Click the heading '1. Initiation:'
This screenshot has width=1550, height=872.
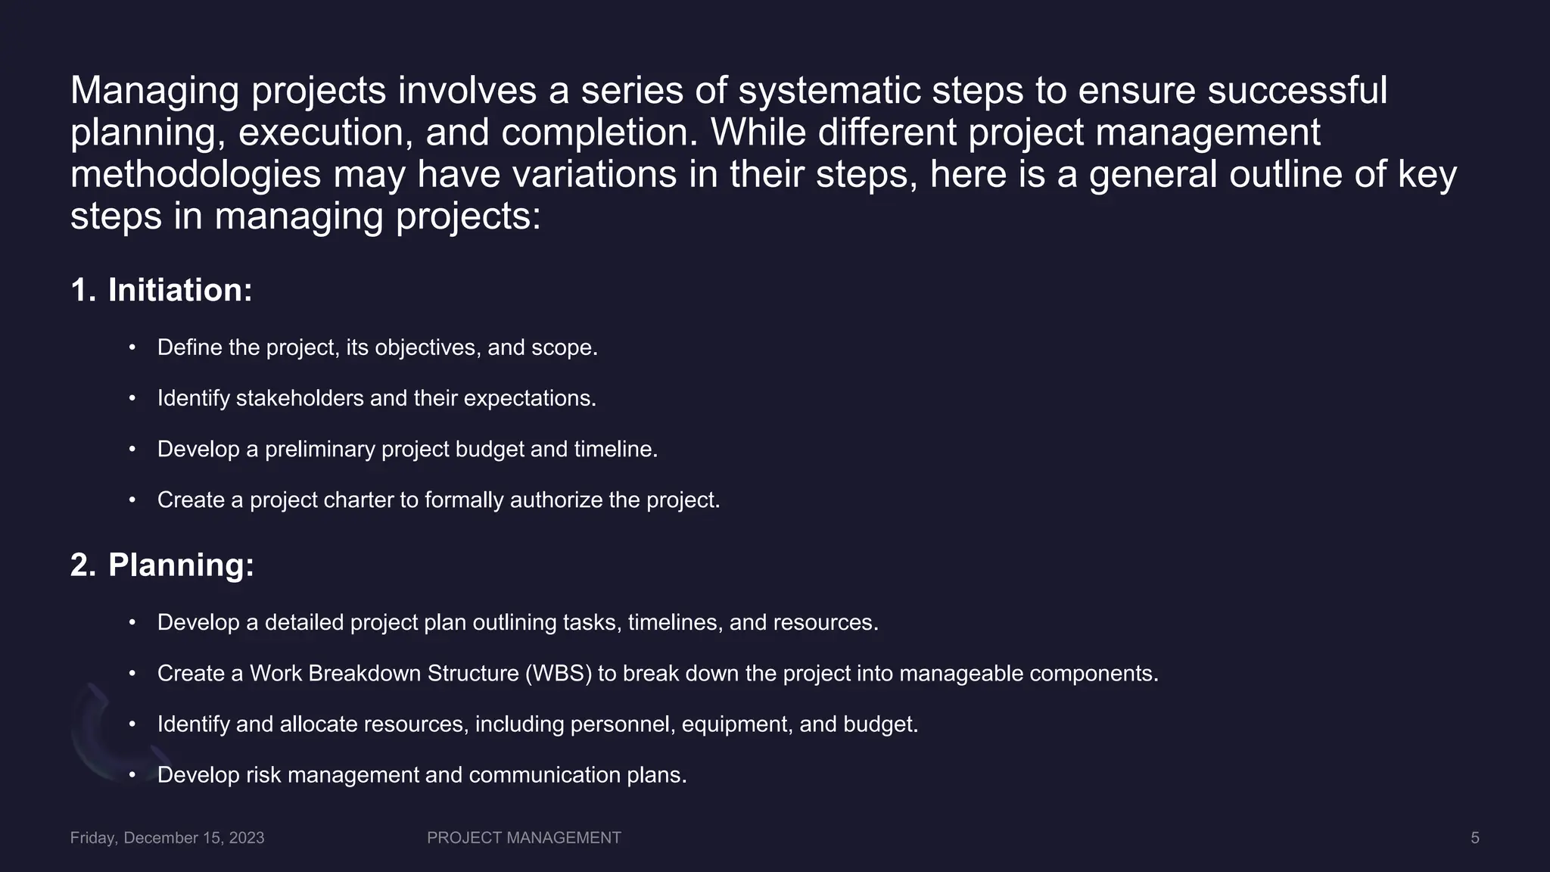pyautogui.click(x=161, y=291)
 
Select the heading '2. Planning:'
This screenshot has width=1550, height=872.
pyautogui.click(x=162, y=565)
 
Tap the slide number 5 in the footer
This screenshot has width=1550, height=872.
pyautogui.click(x=1474, y=838)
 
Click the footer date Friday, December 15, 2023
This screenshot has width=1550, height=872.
pyautogui.click(x=167, y=838)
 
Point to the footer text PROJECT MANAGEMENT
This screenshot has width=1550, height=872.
pyautogui.click(x=524, y=838)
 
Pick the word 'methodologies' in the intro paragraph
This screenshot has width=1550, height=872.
pyautogui.click(x=196, y=175)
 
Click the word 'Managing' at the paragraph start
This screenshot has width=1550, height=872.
pyautogui.click(x=154, y=91)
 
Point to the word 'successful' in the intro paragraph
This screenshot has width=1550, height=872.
pyautogui.click(x=1297, y=91)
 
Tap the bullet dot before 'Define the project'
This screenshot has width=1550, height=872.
pyautogui.click(x=132, y=347)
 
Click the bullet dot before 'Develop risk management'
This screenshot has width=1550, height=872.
pyautogui.click(x=132, y=775)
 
